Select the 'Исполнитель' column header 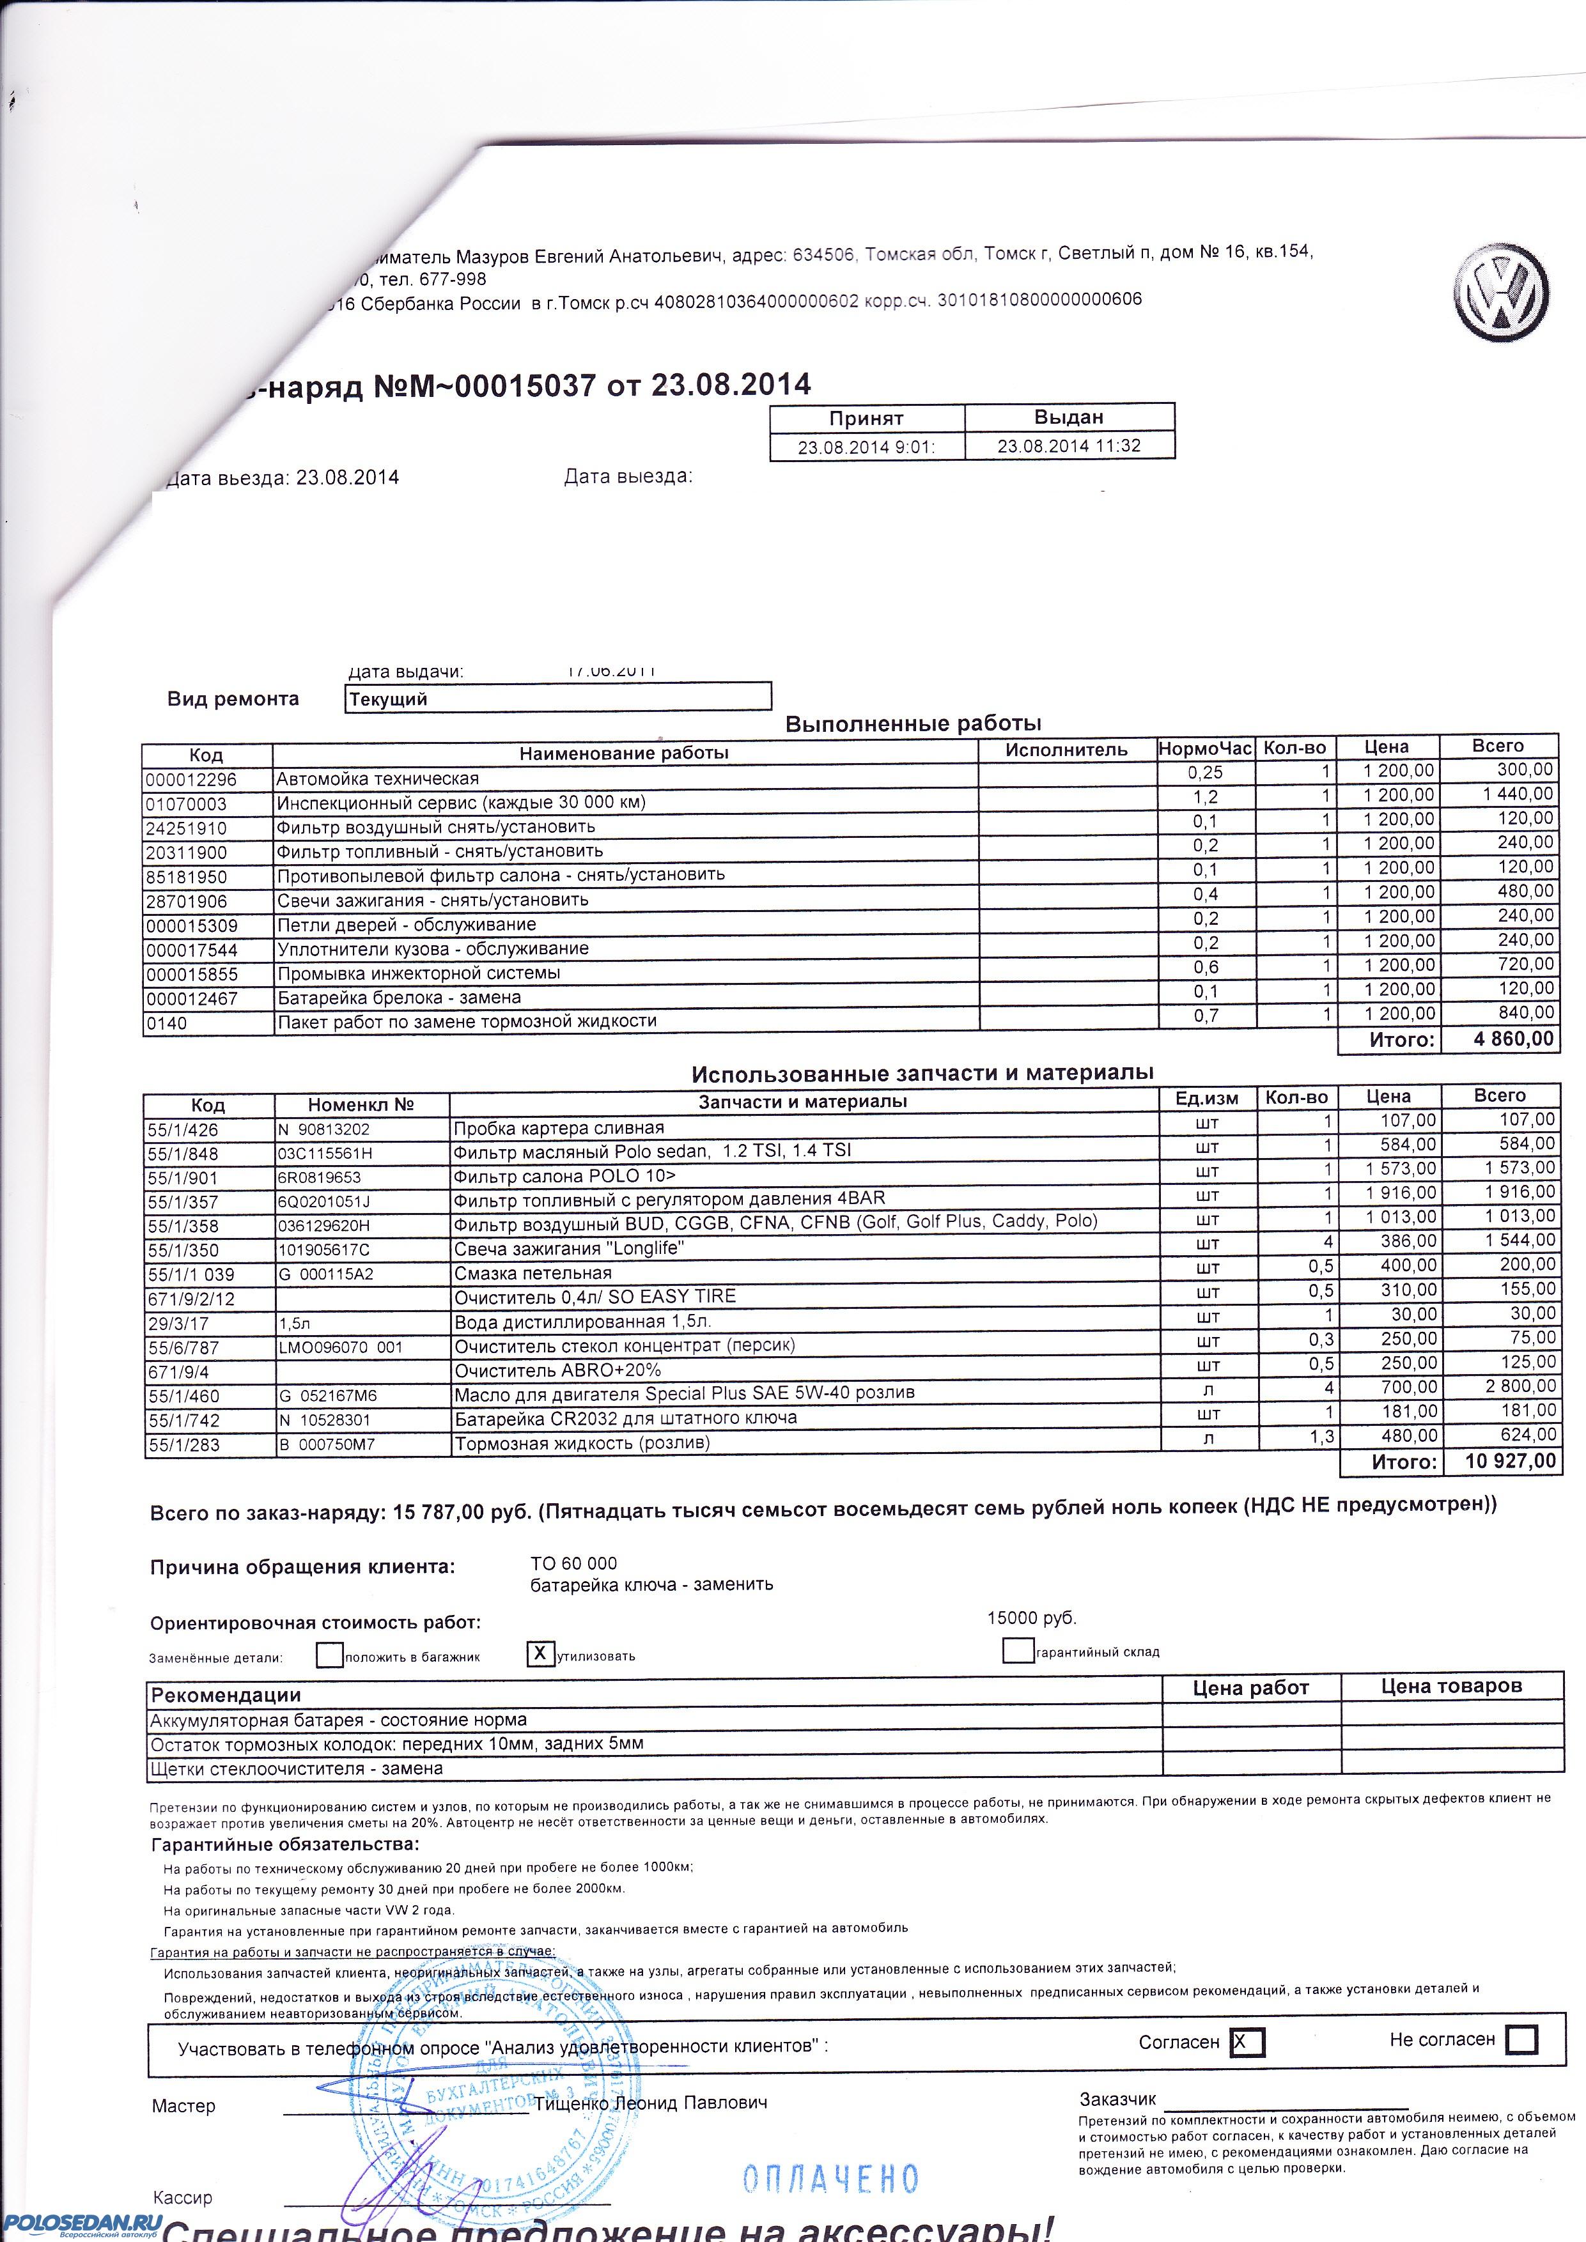(x=1066, y=750)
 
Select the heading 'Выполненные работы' (x=913, y=723)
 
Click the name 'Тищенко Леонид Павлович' (x=649, y=2103)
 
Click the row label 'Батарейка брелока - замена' (x=398, y=997)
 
